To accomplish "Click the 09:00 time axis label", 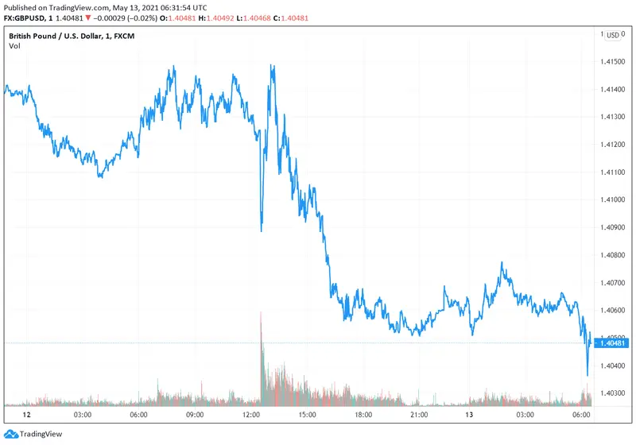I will [195, 415].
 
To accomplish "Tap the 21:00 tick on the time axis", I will [420, 415].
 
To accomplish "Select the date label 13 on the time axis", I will [471, 415].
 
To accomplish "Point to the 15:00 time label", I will [308, 415].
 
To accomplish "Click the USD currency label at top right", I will [613, 35].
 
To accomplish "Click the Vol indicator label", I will [14, 46].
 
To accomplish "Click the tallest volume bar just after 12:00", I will [261, 318].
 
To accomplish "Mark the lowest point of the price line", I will [587, 375].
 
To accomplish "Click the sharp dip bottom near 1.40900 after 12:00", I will [262, 230].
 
